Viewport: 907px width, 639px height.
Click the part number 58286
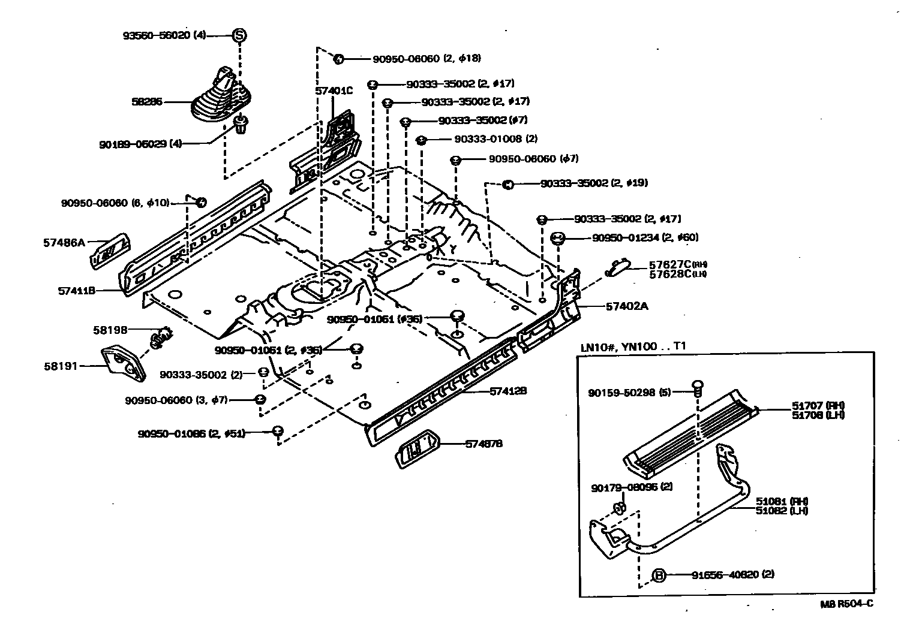point(147,102)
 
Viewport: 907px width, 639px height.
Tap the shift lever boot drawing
point(218,97)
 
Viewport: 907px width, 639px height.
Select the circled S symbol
point(239,35)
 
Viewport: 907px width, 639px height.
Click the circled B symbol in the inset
point(659,575)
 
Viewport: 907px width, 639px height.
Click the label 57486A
point(64,243)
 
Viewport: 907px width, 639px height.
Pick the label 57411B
point(77,291)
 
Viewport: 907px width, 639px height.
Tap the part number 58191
point(61,365)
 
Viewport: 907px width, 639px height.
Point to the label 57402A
point(627,306)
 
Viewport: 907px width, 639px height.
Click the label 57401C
point(334,91)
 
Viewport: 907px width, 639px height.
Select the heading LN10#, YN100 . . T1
point(633,346)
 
